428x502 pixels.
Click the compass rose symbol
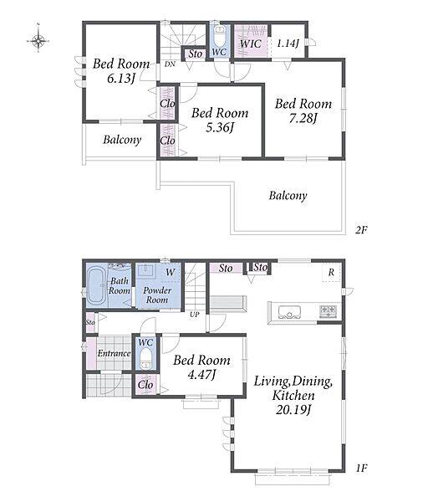38,40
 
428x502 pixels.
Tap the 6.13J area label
120,79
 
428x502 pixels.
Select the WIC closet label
251,44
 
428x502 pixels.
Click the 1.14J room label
288,43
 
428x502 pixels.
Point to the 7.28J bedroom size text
303,119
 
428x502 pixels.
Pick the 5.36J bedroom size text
220,128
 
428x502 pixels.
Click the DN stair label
170,64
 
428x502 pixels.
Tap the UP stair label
195,315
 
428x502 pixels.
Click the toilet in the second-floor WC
220,37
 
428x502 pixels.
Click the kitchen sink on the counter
289,312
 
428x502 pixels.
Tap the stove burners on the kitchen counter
329,311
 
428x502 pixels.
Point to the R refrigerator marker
331,273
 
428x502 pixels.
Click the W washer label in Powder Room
171,273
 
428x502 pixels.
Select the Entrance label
114,353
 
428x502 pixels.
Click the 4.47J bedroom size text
201,374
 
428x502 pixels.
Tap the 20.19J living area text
293,409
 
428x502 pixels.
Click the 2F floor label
361,230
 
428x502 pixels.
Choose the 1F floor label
361,469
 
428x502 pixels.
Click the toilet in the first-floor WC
146,358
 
